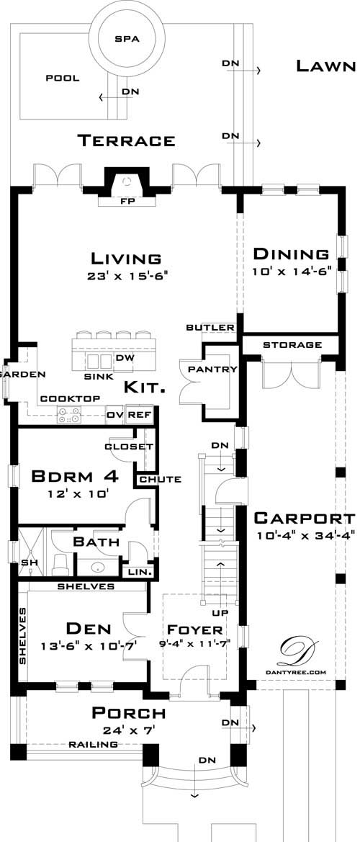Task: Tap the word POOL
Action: (x=63, y=79)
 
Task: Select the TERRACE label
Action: (x=126, y=140)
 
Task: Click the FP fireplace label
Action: (x=126, y=202)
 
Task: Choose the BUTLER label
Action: (x=210, y=328)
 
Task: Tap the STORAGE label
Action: (x=292, y=345)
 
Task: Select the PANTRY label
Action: (x=212, y=370)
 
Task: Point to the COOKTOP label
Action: (x=69, y=398)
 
